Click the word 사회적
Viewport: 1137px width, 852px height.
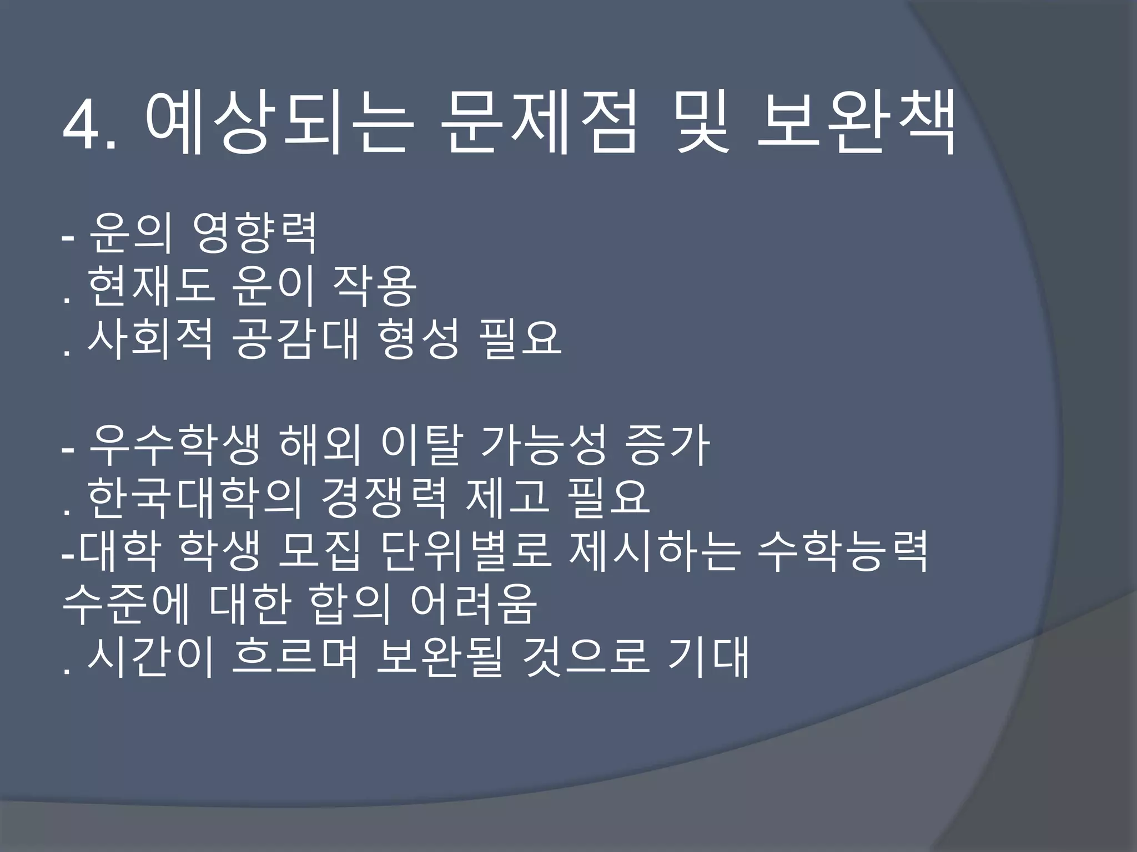150,339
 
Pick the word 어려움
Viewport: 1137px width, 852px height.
474,605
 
